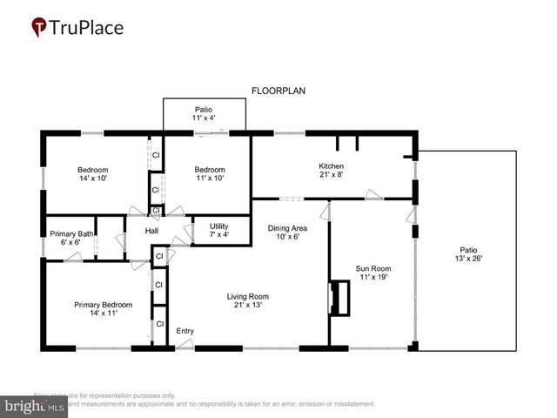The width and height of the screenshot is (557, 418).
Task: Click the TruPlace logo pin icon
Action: [40, 28]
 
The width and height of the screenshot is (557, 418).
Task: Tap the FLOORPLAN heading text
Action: [278, 91]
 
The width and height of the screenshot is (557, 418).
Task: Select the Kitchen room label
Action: [332, 165]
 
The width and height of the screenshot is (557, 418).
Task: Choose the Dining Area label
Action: [287, 228]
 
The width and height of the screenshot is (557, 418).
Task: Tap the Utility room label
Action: [219, 226]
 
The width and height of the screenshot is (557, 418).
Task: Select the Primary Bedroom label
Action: [103, 305]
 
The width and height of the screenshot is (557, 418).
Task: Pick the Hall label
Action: [151, 231]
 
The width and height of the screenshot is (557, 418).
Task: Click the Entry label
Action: [185, 331]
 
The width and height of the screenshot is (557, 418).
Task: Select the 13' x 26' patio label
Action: [467, 258]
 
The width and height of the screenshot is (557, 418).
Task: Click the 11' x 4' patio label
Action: [204, 118]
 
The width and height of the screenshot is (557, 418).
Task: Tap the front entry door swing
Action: [185, 344]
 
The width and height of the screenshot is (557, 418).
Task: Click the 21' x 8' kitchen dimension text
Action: [332, 174]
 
